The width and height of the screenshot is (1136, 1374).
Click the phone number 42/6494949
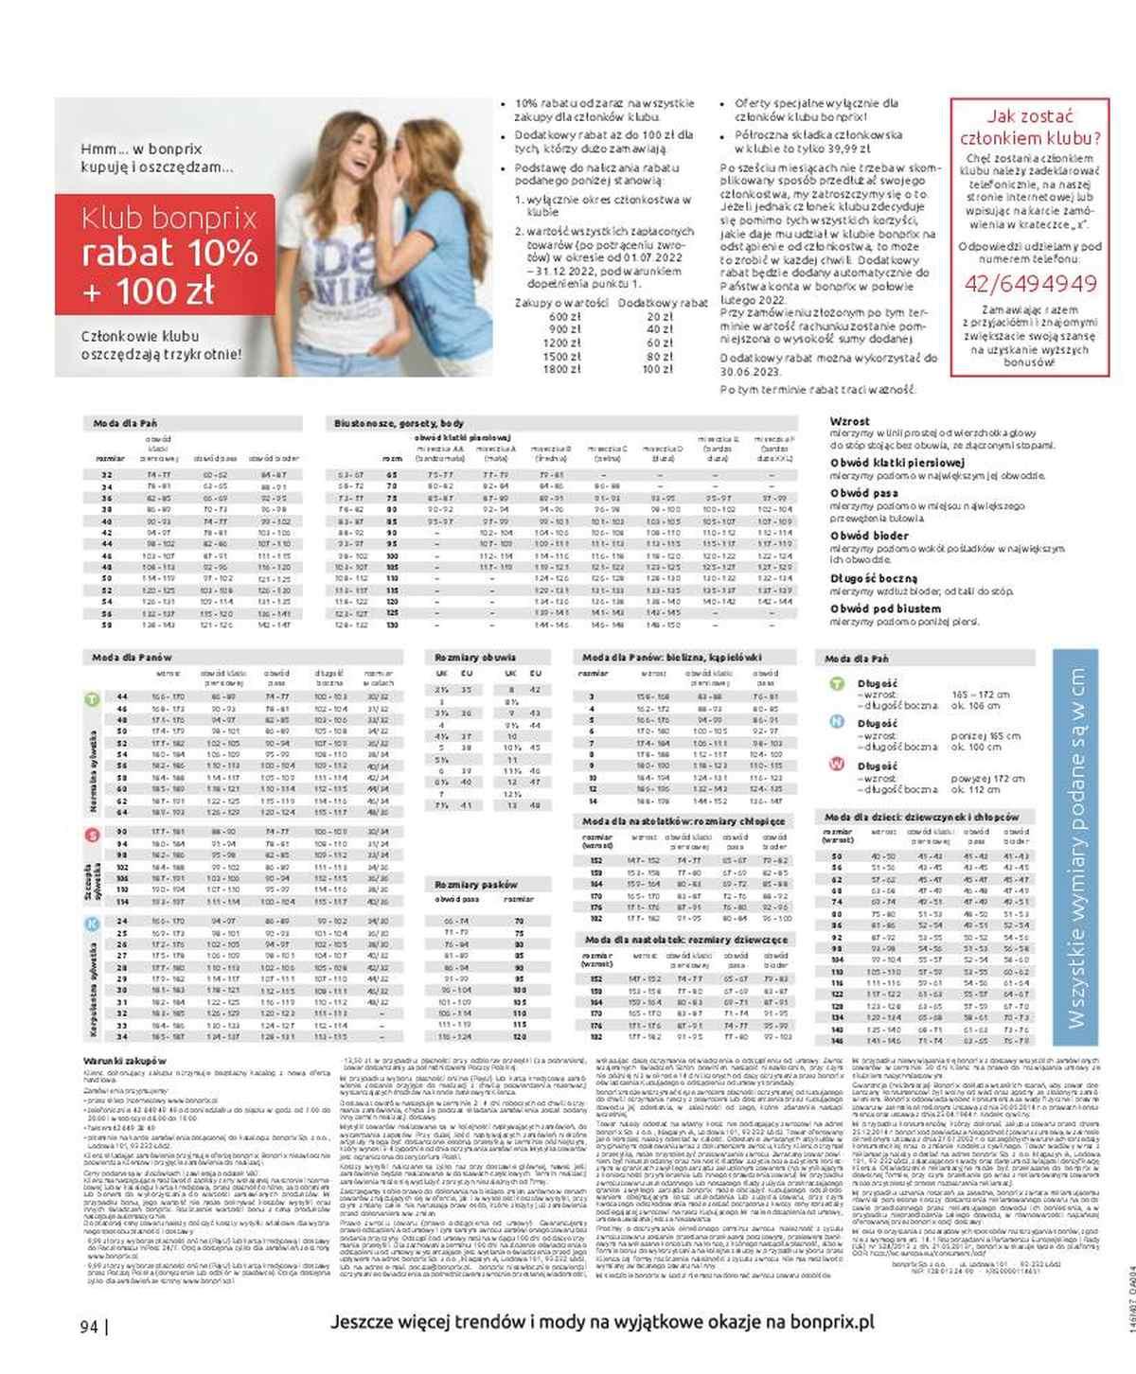click(1030, 284)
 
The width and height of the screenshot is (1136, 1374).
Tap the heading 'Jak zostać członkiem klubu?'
click(1030, 128)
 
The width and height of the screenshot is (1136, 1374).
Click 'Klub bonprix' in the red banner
click(169, 219)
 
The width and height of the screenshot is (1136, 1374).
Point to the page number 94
click(90, 1327)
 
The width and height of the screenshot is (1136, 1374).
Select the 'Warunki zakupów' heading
click(125, 1061)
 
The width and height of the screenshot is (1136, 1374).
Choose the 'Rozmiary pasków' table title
click(476, 885)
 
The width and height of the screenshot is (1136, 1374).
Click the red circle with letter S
click(92, 835)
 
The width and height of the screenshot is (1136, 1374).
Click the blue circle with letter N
click(837, 722)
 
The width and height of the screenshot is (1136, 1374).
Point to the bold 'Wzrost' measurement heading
click(849, 421)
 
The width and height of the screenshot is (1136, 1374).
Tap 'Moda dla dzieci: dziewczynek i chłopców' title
click(921, 817)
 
